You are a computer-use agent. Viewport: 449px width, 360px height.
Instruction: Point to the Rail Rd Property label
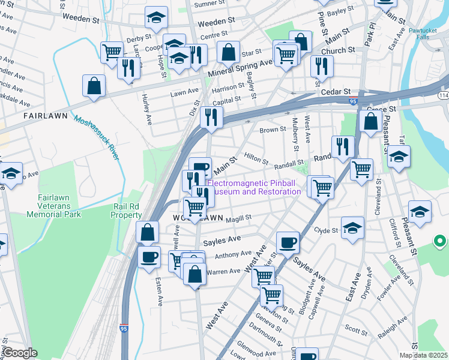click(x=127, y=210)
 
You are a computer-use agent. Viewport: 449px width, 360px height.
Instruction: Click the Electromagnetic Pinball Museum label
click(x=253, y=187)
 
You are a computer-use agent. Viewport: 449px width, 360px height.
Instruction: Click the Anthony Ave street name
click(x=233, y=254)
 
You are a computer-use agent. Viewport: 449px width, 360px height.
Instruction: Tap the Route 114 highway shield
click(x=443, y=95)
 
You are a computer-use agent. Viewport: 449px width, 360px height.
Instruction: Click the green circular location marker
click(x=439, y=242)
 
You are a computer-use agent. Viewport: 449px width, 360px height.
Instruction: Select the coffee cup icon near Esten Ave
click(x=149, y=257)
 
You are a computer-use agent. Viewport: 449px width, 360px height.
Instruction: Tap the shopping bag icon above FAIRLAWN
click(x=94, y=86)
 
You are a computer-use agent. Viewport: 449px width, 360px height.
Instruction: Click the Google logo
click(x=20, y=353)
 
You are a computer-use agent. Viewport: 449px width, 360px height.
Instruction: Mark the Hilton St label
click(x=256, y=155)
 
